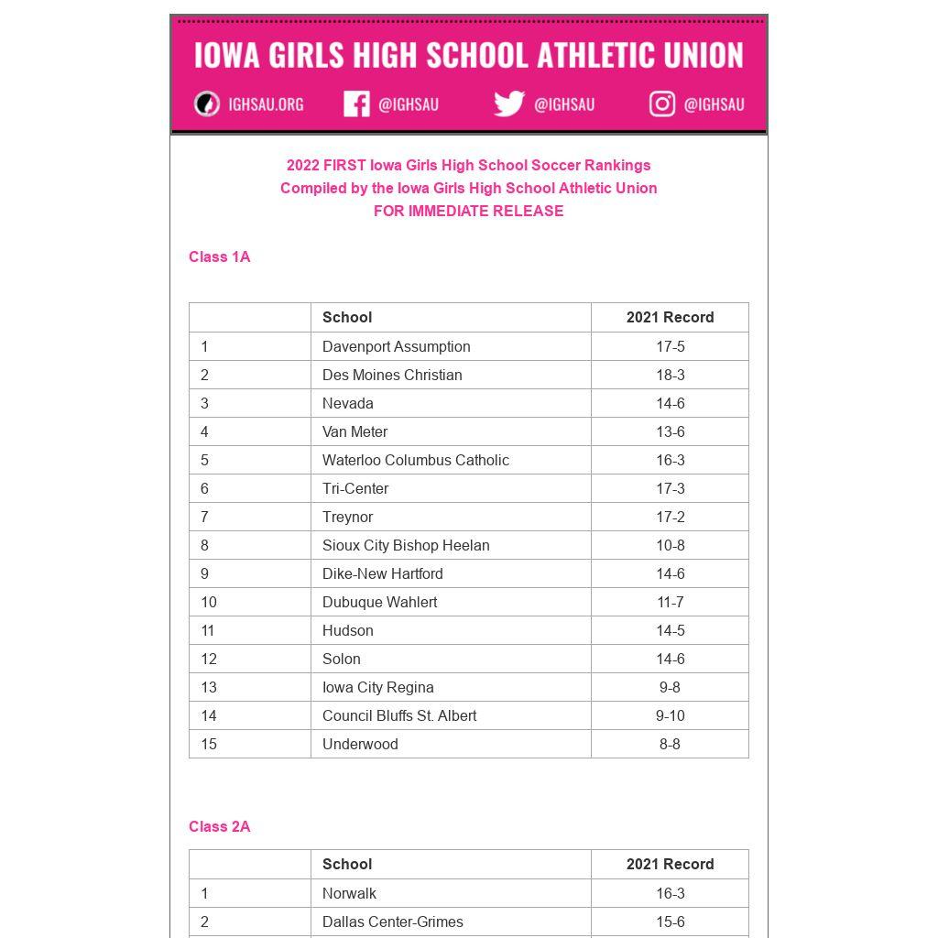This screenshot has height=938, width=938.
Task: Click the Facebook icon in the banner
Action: point(356,104)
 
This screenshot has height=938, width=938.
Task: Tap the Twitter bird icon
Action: point(508,104)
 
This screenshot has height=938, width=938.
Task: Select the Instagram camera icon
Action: point(662,104)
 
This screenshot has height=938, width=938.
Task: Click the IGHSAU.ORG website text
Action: point(266,104)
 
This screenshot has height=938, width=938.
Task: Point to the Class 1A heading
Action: point(220,257)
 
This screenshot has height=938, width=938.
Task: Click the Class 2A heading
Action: point(220,827)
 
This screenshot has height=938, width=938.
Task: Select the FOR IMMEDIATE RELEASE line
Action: point(468,211)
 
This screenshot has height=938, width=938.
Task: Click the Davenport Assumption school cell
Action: point(397,347)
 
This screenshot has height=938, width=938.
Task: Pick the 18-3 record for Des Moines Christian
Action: point(670,376)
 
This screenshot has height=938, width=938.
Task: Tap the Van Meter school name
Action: point(355,432)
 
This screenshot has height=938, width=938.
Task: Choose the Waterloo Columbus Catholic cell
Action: point(416,461)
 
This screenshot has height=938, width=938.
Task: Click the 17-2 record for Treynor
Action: point(670,518)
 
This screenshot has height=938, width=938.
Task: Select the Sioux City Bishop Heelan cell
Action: point(406,546)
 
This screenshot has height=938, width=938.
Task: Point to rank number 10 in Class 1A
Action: point(209,603)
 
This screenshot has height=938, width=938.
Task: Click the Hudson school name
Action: point(348,631)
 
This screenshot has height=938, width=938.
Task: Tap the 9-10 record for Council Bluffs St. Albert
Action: point(670,716)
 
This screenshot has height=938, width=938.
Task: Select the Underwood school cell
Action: point(360,745)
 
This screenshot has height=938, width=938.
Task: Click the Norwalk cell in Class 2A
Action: point(349,894)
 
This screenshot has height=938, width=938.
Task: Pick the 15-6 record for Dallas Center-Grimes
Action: point(670,922)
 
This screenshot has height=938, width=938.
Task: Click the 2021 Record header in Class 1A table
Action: point(670,318)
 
